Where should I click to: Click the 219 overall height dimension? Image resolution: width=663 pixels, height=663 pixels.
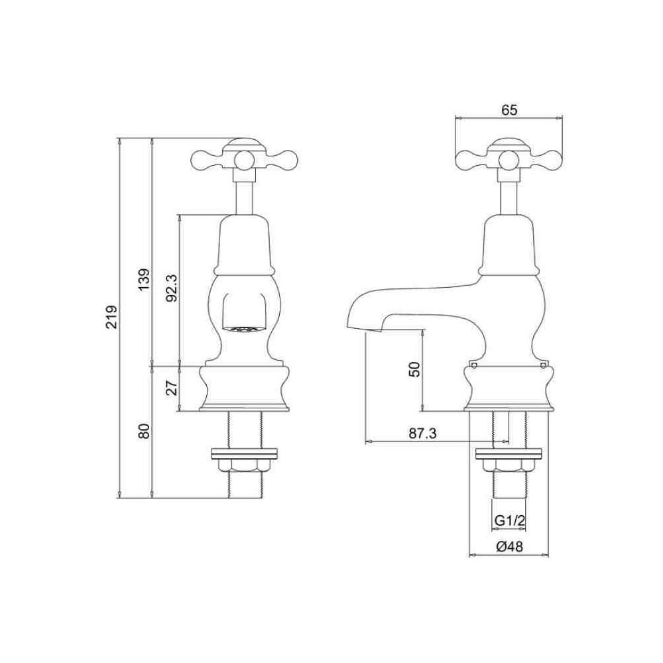pos(111,316)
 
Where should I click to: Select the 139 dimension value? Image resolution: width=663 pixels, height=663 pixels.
pos(145,279)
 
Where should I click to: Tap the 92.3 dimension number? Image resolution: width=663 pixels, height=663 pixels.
pos(172,287)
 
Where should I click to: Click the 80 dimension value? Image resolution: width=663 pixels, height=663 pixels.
pos(145,431)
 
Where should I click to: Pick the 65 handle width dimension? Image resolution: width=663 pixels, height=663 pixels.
pos(509,110)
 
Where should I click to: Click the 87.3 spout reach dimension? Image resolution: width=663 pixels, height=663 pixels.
pos(422,434)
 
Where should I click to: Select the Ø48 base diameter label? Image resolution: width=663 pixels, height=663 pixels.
pos(509,547)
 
